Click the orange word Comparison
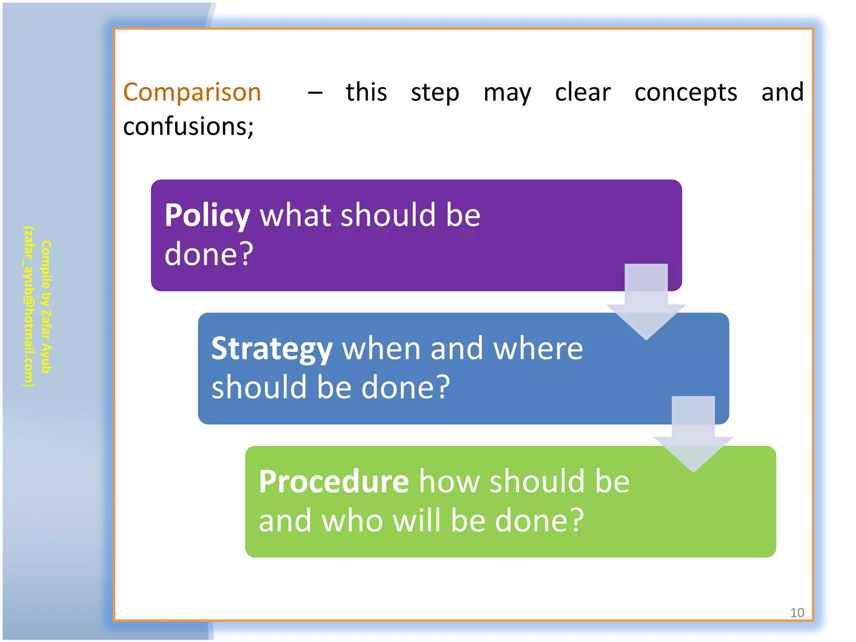point(192,92)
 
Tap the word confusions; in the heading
point(188,127)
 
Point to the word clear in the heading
point(582,92)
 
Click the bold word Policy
point(207,216)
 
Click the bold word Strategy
point(272,349)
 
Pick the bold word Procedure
point(334,481)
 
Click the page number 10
point(797,613)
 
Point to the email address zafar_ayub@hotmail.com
point(28,307)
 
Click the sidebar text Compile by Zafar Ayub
point(46,307)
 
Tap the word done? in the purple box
point(209,254)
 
